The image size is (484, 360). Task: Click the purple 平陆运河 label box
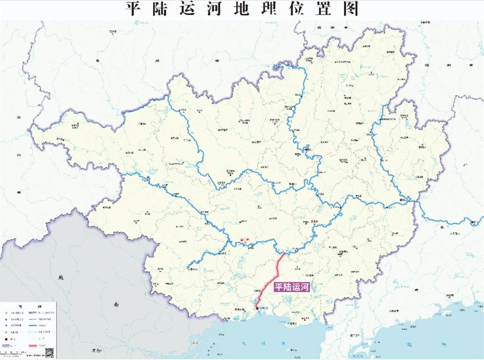[x=292, y=287]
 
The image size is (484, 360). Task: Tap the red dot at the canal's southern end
[x=257, y=309]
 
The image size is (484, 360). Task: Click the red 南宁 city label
[x=245, y=240]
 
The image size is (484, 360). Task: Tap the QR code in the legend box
[x=49, y=352]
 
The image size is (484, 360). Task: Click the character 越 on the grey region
[x=61, y=277]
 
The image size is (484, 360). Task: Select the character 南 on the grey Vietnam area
[x=116, y=304]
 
